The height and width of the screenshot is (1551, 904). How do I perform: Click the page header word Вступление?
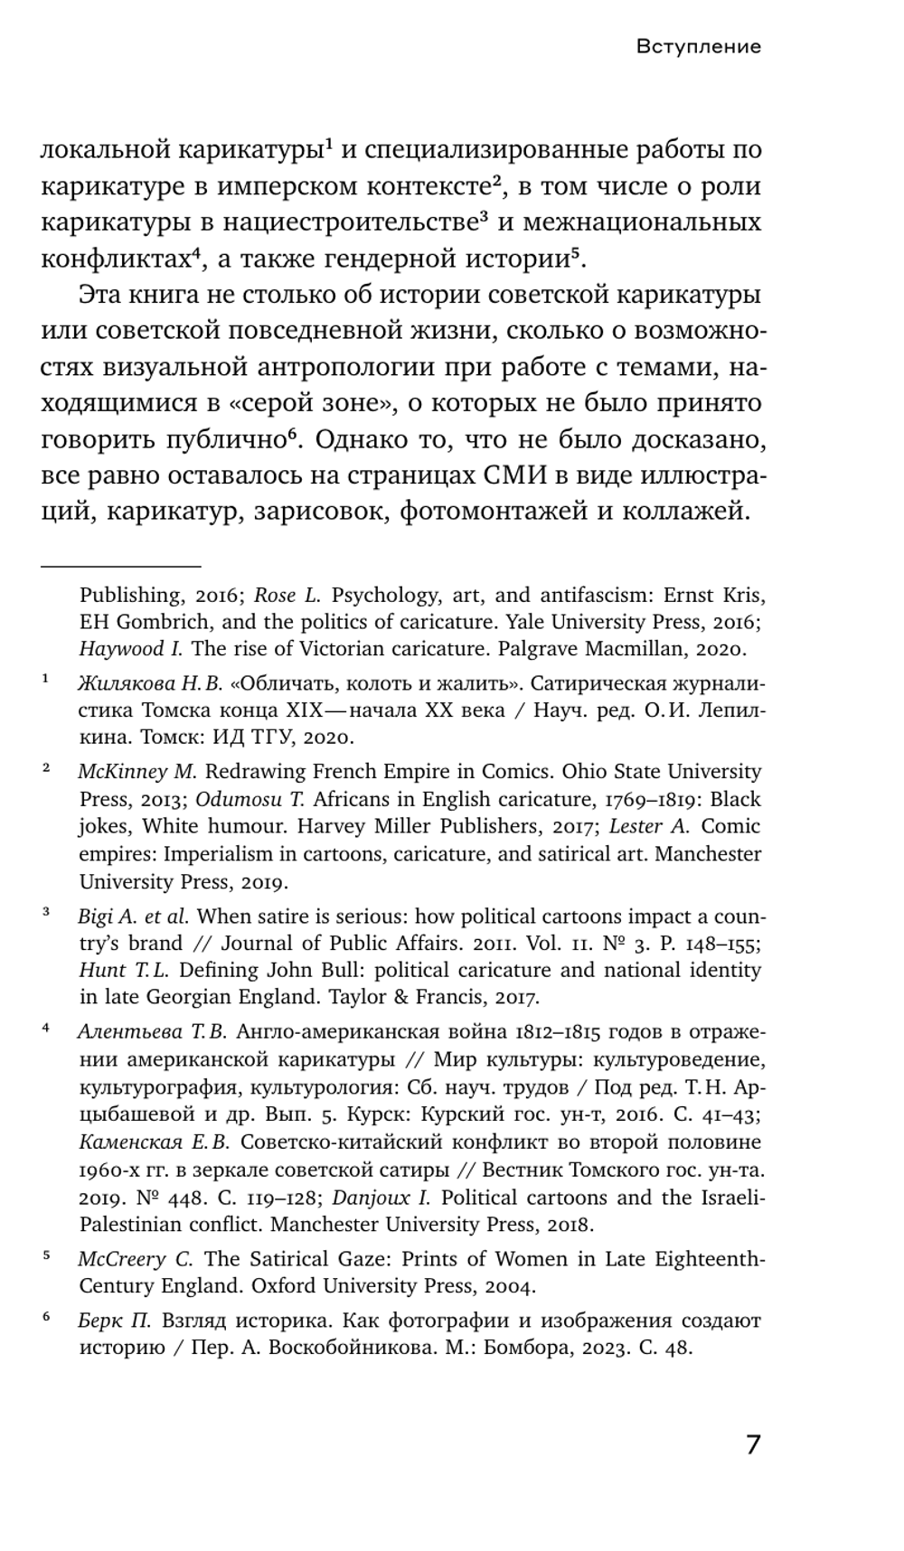point(698,46)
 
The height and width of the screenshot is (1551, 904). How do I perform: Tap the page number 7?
point(753,1443)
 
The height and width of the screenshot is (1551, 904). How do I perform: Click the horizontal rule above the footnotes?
point(120,567)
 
